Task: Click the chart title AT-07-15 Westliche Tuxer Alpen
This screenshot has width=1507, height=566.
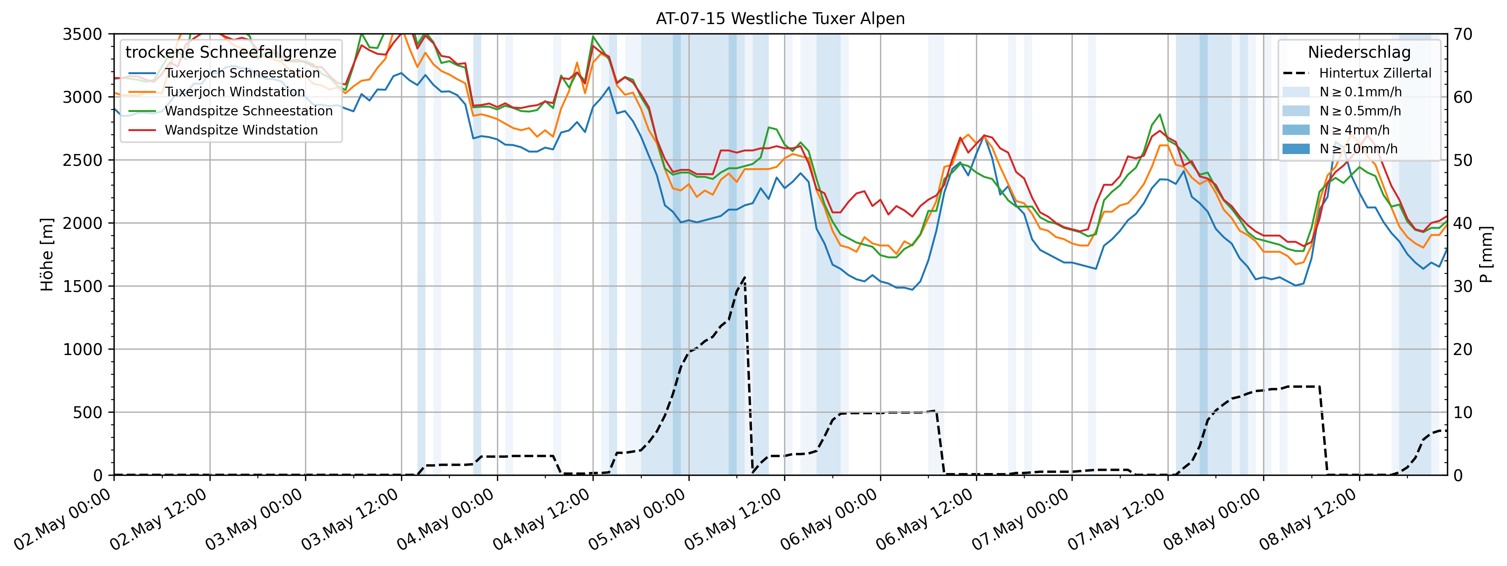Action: pos(780,19)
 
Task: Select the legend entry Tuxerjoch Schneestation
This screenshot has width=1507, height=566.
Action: pos(242,73)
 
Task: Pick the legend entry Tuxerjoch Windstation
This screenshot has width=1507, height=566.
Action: pos(235,92)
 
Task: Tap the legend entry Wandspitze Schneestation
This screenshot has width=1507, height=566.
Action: pos(248,111)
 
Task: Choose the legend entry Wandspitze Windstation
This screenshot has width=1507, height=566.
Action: pos(241,130)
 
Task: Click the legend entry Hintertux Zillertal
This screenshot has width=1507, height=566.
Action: pos(1375,73)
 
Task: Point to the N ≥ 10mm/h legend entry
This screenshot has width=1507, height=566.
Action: pos(1358,149)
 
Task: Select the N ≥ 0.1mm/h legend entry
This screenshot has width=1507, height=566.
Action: pos(1360,92)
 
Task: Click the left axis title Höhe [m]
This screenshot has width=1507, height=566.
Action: pos(47,255)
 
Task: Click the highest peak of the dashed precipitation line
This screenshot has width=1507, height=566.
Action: pos(744,277)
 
